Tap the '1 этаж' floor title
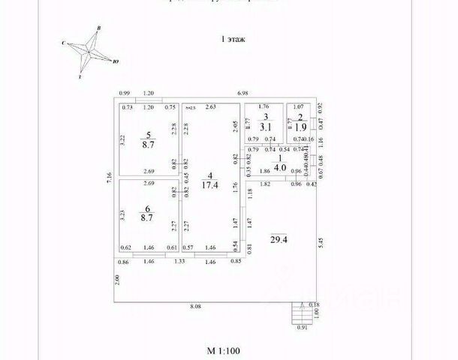pos(233,37)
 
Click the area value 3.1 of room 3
pos(266,127)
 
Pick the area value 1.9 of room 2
pos(300,127)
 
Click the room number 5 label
pos(149,136)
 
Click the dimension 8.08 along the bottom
pos(194,307)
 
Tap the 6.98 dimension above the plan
pos(243,92)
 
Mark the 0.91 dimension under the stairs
pos(303,327)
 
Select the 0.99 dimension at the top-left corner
pos(125,92)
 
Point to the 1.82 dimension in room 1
pos(264,183)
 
